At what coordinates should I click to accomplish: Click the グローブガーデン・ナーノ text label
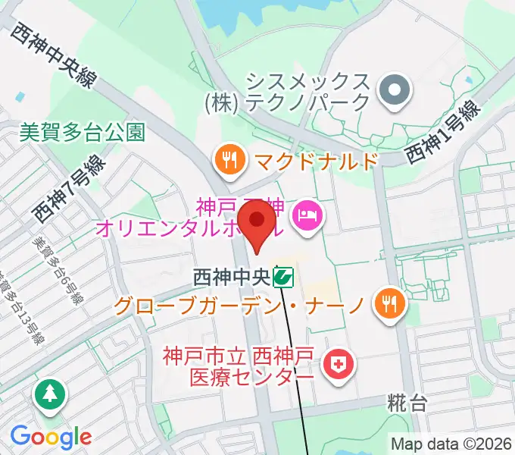(240, 306)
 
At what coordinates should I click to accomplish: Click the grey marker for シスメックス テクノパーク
(394, 92)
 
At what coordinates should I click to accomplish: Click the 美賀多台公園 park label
(81, 133)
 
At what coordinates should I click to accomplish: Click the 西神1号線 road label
(442, 133)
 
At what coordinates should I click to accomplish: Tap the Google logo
(51, 437)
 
